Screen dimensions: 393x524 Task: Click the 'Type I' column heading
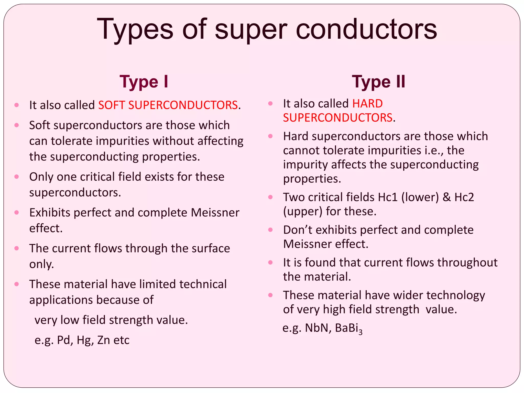pyautogui.click(x=144, y=82)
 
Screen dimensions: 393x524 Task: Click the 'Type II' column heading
pyautogui.click(x=378, y=82)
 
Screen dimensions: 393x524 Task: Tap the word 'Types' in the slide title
pyautogui.click(x=135, y=29)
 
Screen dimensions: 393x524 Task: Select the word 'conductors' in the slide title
pyautogui.click(x=366, y=29)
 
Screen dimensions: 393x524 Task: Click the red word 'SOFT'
pyautogui.click(x=112, y=105)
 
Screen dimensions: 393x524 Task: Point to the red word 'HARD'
pyautogui.click(x=367, y=104)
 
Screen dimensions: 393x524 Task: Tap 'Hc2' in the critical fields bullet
pyautogui.click(x=464, y=197)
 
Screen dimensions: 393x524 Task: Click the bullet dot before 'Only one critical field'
pyautogui.click(x=17, y=177)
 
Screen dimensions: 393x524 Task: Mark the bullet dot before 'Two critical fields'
pyautogui.click(x=270, y=197)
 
